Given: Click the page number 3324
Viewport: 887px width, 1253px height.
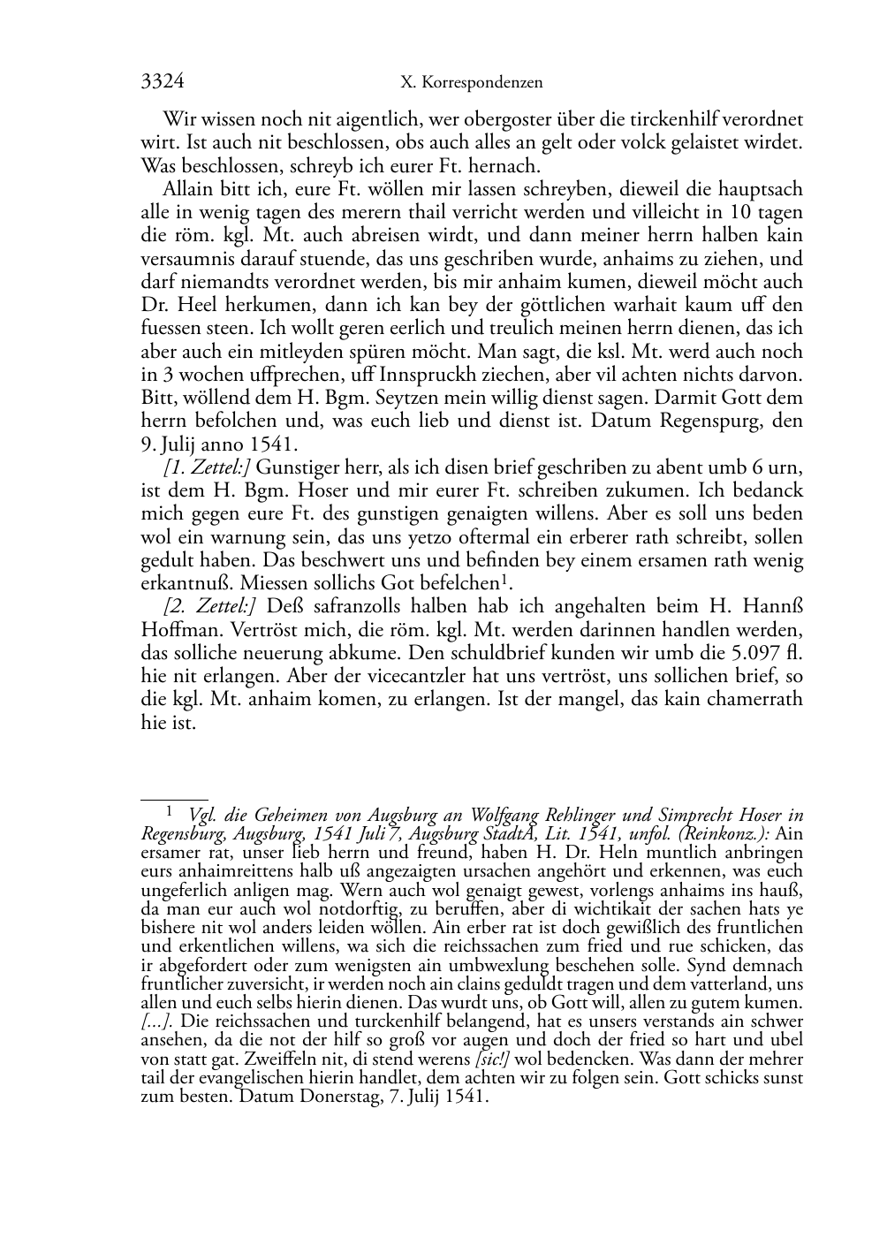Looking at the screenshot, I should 162,82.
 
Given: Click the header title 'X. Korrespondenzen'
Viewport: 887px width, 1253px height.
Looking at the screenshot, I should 471,83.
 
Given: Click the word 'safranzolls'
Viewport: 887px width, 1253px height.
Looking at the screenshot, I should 344,606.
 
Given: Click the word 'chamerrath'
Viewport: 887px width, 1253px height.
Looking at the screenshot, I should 757,699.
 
